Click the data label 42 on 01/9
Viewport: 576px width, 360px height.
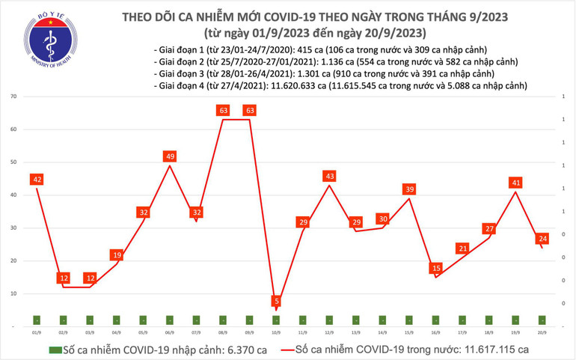[x=37, y=180]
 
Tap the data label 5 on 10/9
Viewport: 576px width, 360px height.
[x=277, y=301]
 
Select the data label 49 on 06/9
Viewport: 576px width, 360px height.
[x=170, y=156]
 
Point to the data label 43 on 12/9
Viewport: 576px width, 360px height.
[x=330, y=176]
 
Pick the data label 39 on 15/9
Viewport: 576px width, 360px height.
[x=410, y=189]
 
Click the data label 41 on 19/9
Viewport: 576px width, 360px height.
[x=517, y=183]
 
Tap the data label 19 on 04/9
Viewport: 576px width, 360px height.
[x=117, y=255]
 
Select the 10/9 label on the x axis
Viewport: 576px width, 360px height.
[x=277, y=332]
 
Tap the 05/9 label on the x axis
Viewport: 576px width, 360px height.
[x=144, y=332]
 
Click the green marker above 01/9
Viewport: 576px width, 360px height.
[x=37, y=320]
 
